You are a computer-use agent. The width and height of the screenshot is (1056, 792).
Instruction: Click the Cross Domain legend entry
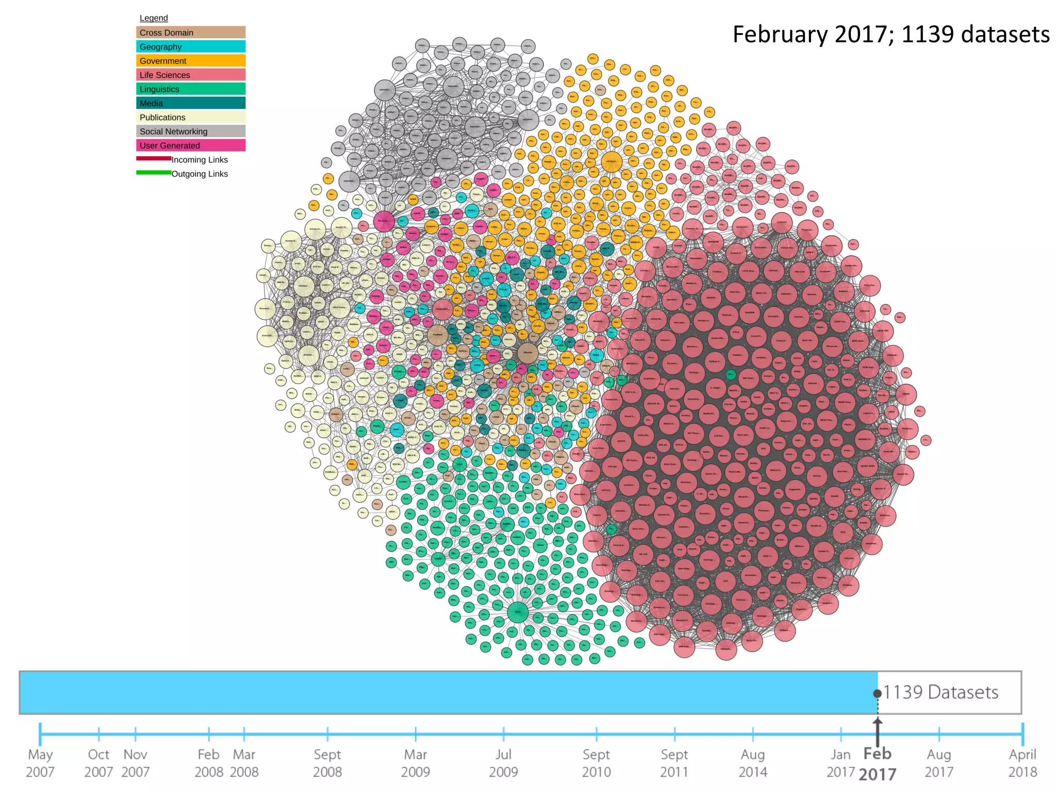[x=190, y=32]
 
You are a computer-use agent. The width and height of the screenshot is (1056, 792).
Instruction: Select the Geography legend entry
[x=190, y=46]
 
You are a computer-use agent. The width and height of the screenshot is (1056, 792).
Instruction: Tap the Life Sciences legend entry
[x=190, y=75]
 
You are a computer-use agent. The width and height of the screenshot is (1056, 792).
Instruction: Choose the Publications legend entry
[x=190, y=117]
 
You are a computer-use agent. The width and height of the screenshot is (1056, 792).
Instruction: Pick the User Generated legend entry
[x=190, y=145]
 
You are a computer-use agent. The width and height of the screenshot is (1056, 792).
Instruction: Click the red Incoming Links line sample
[x=154, y=159]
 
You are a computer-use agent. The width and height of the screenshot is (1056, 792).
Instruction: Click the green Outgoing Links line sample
[x=154, y=173]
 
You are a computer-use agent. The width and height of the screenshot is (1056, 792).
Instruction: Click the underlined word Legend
[x=154, y=18]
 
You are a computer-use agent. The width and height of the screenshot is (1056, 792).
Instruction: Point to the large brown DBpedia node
[x=527, y=353]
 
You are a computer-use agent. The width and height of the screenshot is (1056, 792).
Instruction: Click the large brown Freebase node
[x=437, y=335]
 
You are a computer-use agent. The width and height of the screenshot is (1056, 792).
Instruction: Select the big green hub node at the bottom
[x=518, y=613]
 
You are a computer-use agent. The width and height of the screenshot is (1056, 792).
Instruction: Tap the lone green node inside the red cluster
[x=730, y=375]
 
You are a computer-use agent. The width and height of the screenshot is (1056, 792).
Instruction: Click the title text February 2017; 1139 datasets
[x=890, y=35]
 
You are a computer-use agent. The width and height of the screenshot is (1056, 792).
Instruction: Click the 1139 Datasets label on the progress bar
[x=940, y=692]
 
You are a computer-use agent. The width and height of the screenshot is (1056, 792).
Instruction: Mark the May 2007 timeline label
[x=40, y=763]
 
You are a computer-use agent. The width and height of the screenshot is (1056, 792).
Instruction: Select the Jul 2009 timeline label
[x=503, y=763]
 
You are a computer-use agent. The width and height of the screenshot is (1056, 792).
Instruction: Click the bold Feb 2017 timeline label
[x=878, y=764]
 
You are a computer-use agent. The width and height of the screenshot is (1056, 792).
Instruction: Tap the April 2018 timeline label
[x=1022, y=763]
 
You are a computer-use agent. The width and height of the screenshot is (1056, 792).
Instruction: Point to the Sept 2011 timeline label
[x=674, y=763]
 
